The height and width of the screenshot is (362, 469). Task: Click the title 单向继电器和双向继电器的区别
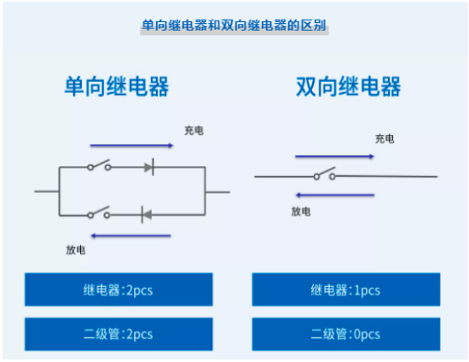pyautogui.click(x=234, y=26)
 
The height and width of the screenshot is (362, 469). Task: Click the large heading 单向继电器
pyautogui.click(x=117, y=86)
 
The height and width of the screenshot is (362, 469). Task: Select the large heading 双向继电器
pyautogui.click(x=349, y=86)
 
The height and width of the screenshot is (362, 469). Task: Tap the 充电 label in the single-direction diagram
pyautogui.click(x=194, y=131)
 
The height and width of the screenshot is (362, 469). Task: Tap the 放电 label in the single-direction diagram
pyautogui.click(x=76, y=249)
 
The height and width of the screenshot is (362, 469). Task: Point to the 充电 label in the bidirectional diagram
pyautogui.click(x=385, y=139)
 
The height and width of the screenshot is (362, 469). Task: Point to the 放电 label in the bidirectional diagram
pyautogui.click(x=301, y=212)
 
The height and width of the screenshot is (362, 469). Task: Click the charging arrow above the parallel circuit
pyautogui.click(x=131, y=146)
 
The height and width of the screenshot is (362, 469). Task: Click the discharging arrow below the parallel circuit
pyautogui.click(x=130, y=236)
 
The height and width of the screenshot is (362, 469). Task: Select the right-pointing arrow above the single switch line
pyautogui.click(x=334, y=156)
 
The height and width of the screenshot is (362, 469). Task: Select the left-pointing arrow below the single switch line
pyautogui.click(x=335, y=196)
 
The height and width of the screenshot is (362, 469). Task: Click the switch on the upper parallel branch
pyautogui.click(x=99, y=166)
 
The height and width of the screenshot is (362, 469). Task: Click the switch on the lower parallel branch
pyautogui.click(x=99, y=213)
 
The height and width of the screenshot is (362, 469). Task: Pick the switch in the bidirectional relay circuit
pyautogui.click(x=325, y=174)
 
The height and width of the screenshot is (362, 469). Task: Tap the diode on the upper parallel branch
pyautogui.click(x=149, y=166)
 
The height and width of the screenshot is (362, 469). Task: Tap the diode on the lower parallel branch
pyautogui.click(x=147, y=214)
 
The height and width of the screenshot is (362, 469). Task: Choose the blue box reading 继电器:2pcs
pyautogui.click(x=119, y=289)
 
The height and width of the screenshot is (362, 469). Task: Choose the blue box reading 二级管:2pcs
pyautogui.click(x=119, y=334)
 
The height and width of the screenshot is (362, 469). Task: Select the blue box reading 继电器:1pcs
pyautogui.click(x=346, y=289)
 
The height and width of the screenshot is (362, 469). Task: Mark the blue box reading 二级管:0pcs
pyautogui.click(x=346, y=334)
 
